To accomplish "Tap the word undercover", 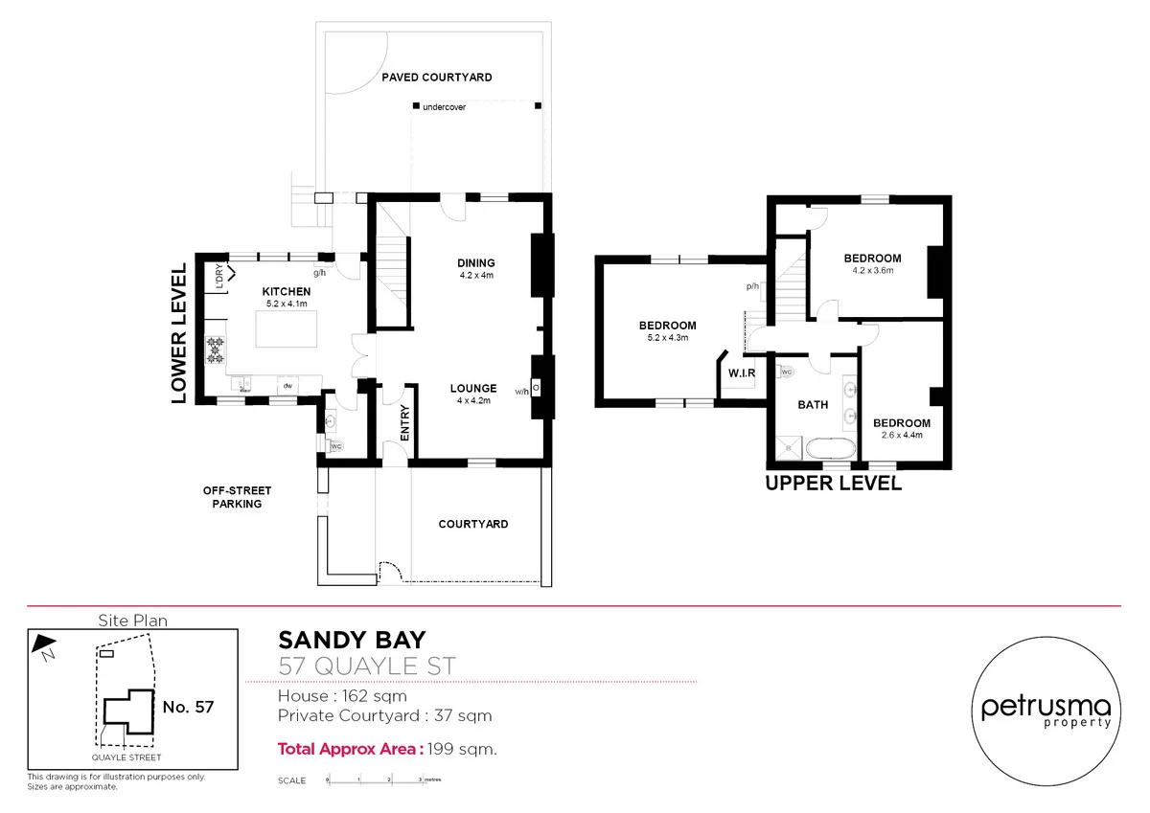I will [x=444, y=107].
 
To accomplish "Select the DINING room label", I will [x=475, y=263].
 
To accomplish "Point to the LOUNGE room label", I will [x=473, y=389].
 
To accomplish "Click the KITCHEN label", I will [x=287, y=292].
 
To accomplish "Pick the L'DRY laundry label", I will [x=219, y=277].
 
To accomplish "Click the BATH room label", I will [x=813, y=405].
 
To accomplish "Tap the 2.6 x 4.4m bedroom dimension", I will [x=901, y=436].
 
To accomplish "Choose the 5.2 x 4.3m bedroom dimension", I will [x=667, y=338].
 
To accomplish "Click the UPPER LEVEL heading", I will [x=833, y=484].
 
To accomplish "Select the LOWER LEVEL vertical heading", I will [x=178, y=334].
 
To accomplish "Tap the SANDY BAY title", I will [x=352, y=640].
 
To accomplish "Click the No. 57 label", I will [x=188, y=708].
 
